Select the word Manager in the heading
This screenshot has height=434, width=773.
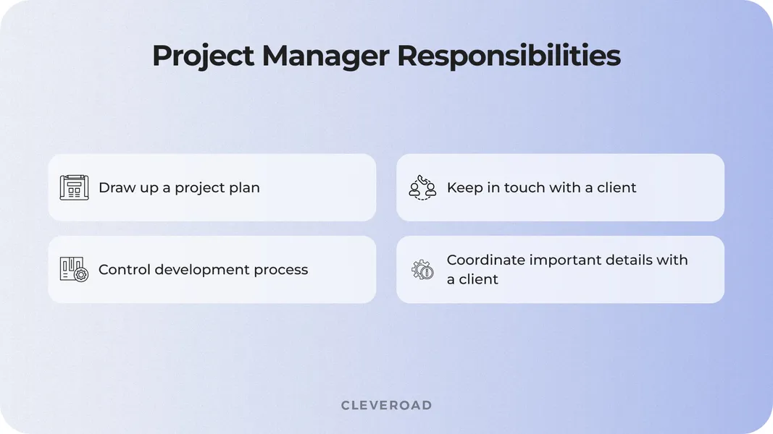pyautogui.click(x=326, y=56)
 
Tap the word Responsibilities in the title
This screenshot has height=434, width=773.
pyautogui.click(x=509, y=56)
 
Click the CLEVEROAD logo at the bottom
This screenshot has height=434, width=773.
pyautogui.click(x=386, y=405)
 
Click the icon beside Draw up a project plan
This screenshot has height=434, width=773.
pyautogui.click(x=74, y=187)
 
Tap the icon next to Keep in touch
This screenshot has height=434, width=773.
pyautogui.click(x=422, y=187)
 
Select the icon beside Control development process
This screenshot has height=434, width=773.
pyautogui.click(x=74, y=270)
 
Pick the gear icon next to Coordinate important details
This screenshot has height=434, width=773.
pyautogui.click(x=422, y=270)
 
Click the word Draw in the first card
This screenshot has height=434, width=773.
pyautogui.click(x=116, y=187)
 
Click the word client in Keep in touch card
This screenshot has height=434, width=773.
pyautogui.click(x=617, y=187)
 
